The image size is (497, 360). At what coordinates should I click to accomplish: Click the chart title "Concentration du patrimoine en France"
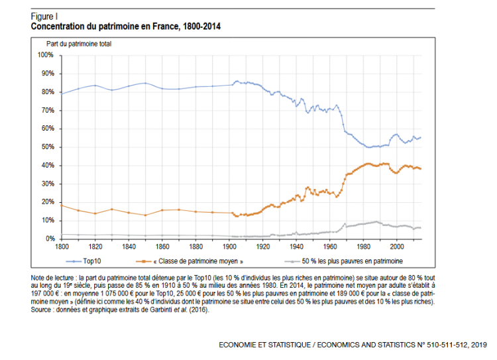[126, 27]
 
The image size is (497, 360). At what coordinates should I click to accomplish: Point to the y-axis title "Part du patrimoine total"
[79, 44]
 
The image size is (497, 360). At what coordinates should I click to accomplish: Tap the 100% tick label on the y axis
[46, 54]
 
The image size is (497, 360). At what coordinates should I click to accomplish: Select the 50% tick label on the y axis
[47, 147]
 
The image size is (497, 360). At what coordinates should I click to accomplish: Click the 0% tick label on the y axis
[49, 239]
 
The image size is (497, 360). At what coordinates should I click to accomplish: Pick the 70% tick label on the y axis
[47, 110]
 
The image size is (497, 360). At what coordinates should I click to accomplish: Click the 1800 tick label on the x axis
[61, 247]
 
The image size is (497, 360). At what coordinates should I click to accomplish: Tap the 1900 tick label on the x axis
[229, 247]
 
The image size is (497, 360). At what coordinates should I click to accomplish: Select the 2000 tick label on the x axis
[397, 247]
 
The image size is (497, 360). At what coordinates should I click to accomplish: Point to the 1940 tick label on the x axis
[296, 247]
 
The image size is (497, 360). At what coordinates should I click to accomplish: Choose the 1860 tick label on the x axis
[162, 247]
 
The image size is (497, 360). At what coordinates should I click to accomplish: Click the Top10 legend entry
[92, 261]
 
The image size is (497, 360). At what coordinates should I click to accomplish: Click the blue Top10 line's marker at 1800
[61, 93]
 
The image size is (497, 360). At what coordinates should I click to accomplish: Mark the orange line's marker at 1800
[61, 205]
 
